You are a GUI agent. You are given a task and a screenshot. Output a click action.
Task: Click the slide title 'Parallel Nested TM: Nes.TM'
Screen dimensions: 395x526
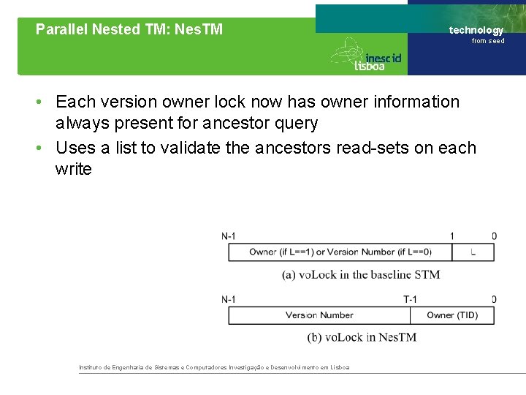coord(129,30)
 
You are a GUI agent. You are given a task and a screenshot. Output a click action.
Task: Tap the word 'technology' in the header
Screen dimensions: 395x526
coord(476,30)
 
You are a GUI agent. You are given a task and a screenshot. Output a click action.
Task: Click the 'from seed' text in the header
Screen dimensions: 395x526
coord(487,41)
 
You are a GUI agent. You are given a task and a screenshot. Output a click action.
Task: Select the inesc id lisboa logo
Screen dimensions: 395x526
coord(366,55)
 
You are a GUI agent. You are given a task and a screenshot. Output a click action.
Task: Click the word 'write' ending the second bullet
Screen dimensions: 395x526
coord(73,169)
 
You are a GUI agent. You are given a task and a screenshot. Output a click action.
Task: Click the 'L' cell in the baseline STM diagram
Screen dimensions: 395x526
coord(473,252)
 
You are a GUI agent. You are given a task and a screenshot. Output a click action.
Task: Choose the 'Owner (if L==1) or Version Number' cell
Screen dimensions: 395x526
coord(340,252)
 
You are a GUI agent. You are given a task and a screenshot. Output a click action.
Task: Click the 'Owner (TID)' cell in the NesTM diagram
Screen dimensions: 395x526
coord(451,315)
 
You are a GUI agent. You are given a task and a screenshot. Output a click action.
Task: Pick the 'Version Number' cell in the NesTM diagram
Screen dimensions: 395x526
coord(319,315)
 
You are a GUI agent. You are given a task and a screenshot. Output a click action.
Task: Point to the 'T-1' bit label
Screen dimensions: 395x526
coord(410,299)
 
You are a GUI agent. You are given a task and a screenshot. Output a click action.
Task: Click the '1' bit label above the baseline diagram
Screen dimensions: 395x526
coord(451,236)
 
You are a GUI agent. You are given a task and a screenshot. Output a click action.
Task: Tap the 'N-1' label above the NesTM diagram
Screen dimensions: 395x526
coord(229,299)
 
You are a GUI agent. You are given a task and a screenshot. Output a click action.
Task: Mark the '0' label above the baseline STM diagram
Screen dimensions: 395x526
coord(494,236)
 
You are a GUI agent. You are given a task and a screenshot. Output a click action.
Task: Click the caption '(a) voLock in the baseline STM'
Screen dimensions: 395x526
coord(361,274)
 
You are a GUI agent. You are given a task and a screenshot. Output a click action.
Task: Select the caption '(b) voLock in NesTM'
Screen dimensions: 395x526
coord(361,337)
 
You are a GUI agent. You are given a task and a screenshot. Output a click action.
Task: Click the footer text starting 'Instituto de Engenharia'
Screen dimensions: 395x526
coord(214,367)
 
